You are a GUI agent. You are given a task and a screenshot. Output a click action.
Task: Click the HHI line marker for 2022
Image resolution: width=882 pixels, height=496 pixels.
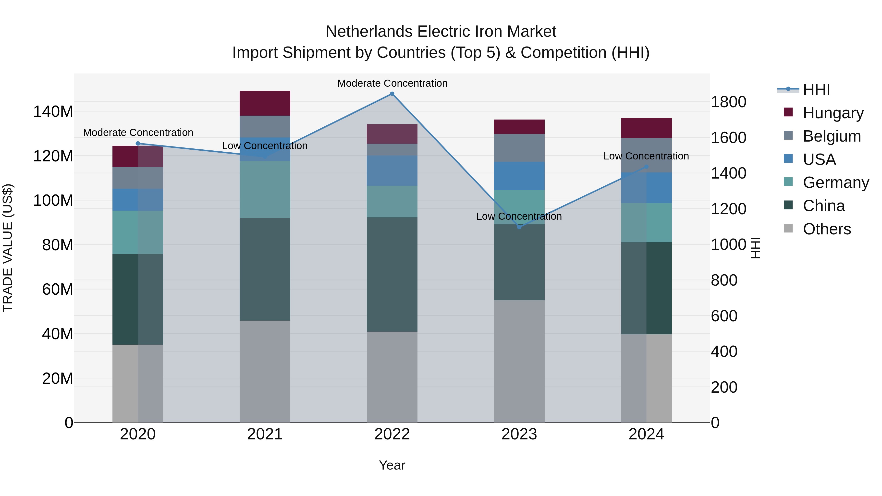(x=392, y=94)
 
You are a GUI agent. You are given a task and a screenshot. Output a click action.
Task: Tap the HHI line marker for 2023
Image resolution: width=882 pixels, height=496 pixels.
(x=519, y=227)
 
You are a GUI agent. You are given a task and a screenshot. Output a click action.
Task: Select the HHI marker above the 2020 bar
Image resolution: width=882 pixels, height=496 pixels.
(x=138, y=144)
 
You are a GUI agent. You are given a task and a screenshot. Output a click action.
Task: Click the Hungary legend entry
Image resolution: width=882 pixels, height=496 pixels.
(x=833, y=113)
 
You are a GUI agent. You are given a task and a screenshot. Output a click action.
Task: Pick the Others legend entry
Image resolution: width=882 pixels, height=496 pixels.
(x=827, y=229)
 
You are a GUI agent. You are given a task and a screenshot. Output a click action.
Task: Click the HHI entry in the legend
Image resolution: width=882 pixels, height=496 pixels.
(x=816, y=90)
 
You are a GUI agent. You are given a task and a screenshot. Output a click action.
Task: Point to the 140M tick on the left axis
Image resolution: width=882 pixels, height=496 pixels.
(x=53, y=112)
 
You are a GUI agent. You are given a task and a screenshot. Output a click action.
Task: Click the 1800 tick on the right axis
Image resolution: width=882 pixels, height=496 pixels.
(x=728, y=102)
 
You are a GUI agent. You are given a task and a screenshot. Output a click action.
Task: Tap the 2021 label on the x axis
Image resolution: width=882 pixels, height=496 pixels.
(x=265, y=434)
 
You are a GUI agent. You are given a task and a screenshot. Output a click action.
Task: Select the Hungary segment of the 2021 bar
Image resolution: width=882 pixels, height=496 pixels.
(x=265, y=103)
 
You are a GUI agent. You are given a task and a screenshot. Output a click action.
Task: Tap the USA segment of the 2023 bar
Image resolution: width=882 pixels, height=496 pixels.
(x=519, y=176)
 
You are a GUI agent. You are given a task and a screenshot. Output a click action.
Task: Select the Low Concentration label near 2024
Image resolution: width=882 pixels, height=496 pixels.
(x=646, y=156)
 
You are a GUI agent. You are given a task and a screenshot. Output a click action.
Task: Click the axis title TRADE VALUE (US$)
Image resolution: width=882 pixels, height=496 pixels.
(x=8, y=248)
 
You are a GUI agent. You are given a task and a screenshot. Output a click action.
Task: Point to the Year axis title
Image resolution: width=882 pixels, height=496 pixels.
(x=392, y=465)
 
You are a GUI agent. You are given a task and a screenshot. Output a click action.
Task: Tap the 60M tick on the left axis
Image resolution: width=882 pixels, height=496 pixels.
(x=58, y=290)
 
